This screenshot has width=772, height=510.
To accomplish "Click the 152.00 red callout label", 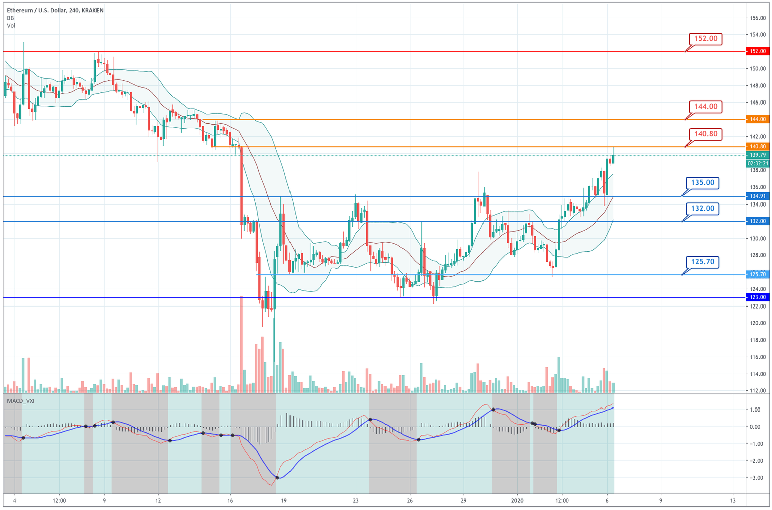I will tap(705, 39).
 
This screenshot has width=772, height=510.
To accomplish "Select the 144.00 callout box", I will tap(705, 107).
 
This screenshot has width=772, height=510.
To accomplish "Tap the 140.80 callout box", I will tap(705, 134).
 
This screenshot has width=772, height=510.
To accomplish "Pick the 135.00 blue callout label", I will tap(702, 183).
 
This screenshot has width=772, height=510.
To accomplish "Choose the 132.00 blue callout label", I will tap(702, 208).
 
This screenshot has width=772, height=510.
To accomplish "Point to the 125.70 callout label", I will tap(702, 262).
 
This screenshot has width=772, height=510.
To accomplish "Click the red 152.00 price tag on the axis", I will tap(757, 51).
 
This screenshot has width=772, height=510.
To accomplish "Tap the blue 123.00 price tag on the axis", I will tap(757, 297).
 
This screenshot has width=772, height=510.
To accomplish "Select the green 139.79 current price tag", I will tap(757, 155).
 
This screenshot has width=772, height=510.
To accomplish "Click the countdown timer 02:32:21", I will tap(757, 163).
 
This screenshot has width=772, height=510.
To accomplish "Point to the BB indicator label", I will tap(10, 18).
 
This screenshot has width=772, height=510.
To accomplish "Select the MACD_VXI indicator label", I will tap(20, 400).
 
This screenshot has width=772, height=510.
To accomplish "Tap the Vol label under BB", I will tap(11, 26).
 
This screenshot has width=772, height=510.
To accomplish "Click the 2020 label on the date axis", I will tap(518, 501).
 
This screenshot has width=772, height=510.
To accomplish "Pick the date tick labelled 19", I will tap(284, 501).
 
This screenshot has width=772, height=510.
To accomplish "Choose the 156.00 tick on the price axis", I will tap(757, 18).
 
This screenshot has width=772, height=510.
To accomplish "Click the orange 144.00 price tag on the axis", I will tap(757, 119).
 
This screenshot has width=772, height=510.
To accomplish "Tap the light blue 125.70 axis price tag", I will tap(757, 274).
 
